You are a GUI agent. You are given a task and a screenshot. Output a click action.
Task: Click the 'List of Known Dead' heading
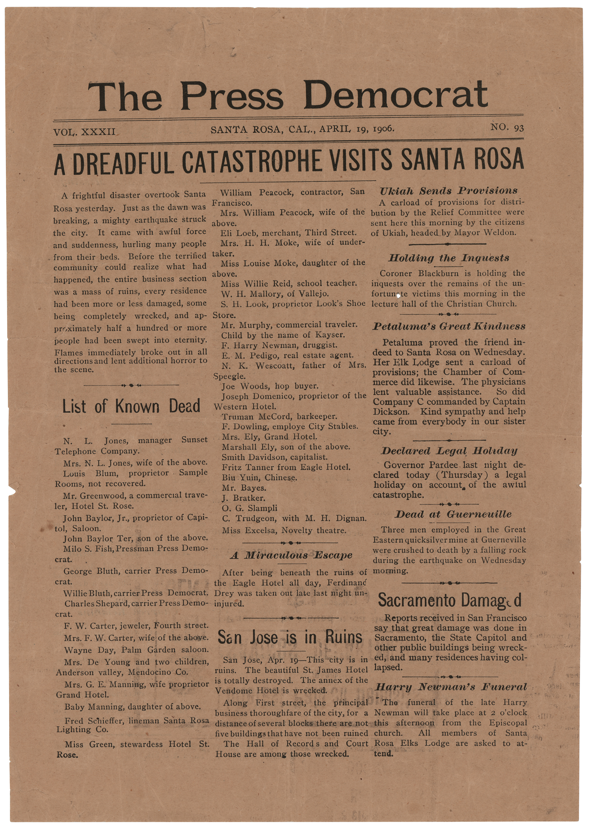pyautogui.click(x=131, y=406)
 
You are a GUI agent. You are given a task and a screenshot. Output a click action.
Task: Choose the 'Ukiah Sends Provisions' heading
pyautogui.click(x=449, y=191)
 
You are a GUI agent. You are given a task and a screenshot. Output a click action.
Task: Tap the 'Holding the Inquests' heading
pyautogui.click(x=449, y=258)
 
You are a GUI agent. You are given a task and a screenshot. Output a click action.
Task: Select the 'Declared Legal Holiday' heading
pyautogui.click(x=449, y=451)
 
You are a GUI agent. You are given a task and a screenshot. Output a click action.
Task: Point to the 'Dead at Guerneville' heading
pyautogui.click(x=453, y=514)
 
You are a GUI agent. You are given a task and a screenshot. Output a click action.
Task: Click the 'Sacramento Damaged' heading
pyautogui.click(x=450, y=600)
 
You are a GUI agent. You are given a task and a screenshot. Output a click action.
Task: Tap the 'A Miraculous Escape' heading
pyautogui.click(x=292, y=555)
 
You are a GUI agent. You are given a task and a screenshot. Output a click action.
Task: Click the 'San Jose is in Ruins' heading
pyautogui.click(x=290, y=637)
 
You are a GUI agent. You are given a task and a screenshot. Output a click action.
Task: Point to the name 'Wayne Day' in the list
pyautogui.click(x=83, y=650)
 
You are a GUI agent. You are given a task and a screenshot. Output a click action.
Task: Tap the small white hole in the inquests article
pyautogui.click(x=399, y=295)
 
